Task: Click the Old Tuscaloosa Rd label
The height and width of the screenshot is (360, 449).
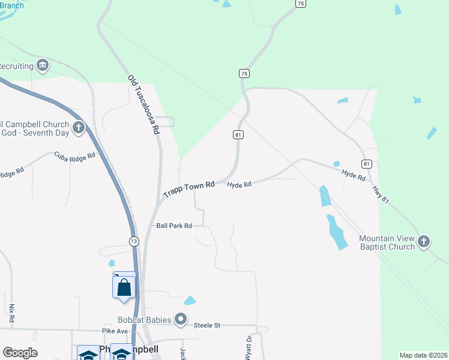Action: (x=145, y=105)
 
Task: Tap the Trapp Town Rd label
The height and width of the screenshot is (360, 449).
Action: (x=188, y=190)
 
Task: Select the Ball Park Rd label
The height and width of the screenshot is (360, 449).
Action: (x=173, y=226)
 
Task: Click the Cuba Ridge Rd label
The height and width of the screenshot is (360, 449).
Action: (x=75, y=156)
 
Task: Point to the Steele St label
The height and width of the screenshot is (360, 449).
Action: (x=207, y=325)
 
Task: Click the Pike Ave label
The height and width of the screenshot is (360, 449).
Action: (x=115, y=331)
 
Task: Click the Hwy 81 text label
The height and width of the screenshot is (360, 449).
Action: (x=381, y=196)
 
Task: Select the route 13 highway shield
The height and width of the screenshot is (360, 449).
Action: (x=133, y=241)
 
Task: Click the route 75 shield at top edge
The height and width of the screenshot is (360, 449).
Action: (x=301, y=4)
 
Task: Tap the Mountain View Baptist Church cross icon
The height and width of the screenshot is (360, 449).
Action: (x=424, y=242)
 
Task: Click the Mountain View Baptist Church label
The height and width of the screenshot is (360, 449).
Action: (x=387, y=242)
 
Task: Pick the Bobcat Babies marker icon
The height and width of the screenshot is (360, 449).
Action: (x=181, y=319)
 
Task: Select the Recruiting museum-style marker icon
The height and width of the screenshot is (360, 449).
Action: (x=42, y=65)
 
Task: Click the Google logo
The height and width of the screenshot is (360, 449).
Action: (x=20, y=353)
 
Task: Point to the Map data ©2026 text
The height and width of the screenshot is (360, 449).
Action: (x=423, y=355)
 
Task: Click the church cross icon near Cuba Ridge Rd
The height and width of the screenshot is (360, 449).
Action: (x=78, y=127)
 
